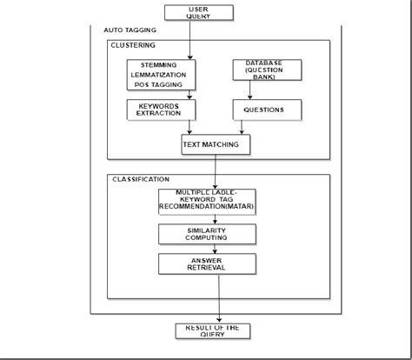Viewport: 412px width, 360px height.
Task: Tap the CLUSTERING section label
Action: tap(134, 45)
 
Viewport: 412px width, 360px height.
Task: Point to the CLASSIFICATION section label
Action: tap(141, 179)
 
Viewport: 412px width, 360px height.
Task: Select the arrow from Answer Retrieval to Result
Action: tap(219, 297)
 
